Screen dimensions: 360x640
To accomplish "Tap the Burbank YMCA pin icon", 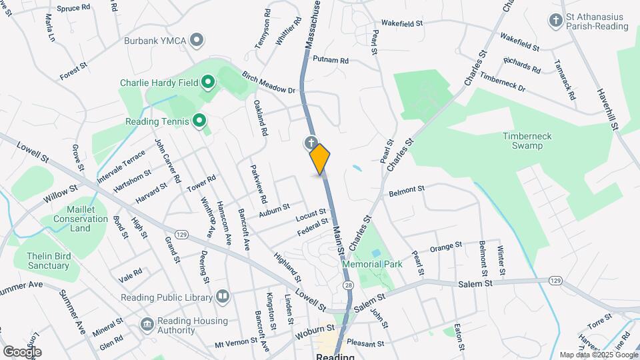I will pos(197,41).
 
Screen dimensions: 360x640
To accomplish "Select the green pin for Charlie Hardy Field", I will pos(207,83).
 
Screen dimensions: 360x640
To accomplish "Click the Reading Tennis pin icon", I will pos(199,121).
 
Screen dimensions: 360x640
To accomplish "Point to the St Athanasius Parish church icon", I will pos(555,20).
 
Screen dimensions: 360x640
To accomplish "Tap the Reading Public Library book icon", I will pos(223,297).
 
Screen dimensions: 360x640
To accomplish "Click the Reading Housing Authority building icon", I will pos(147,324).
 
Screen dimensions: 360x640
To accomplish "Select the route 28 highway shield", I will pos(349,285).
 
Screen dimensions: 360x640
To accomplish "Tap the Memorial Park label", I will pos(372,264).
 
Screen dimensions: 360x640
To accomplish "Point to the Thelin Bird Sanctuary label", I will pos(48,261).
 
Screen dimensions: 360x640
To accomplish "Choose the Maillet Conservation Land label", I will pos(80,219).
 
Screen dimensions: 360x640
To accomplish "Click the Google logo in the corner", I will pos(22,351).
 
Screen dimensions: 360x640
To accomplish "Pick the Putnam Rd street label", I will pos(331,60).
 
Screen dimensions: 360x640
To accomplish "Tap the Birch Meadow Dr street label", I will pos(268,81).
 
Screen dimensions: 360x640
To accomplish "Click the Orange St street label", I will pos(445,247).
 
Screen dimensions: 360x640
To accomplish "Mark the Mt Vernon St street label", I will pos(236,341).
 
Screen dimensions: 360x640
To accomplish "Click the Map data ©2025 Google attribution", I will pos(598,355).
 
